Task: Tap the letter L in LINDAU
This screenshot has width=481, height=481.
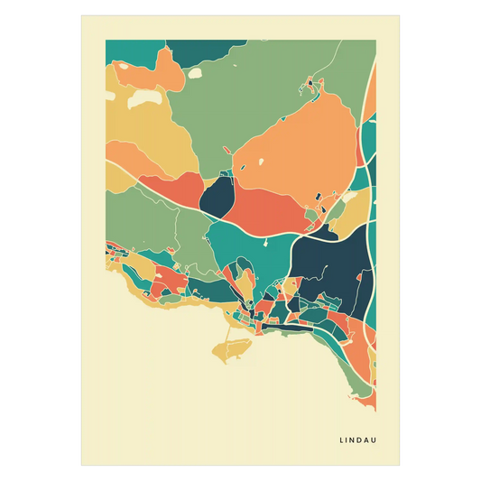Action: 341,440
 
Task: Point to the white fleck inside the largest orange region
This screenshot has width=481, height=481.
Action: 262,162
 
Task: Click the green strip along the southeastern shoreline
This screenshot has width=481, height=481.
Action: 361,388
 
